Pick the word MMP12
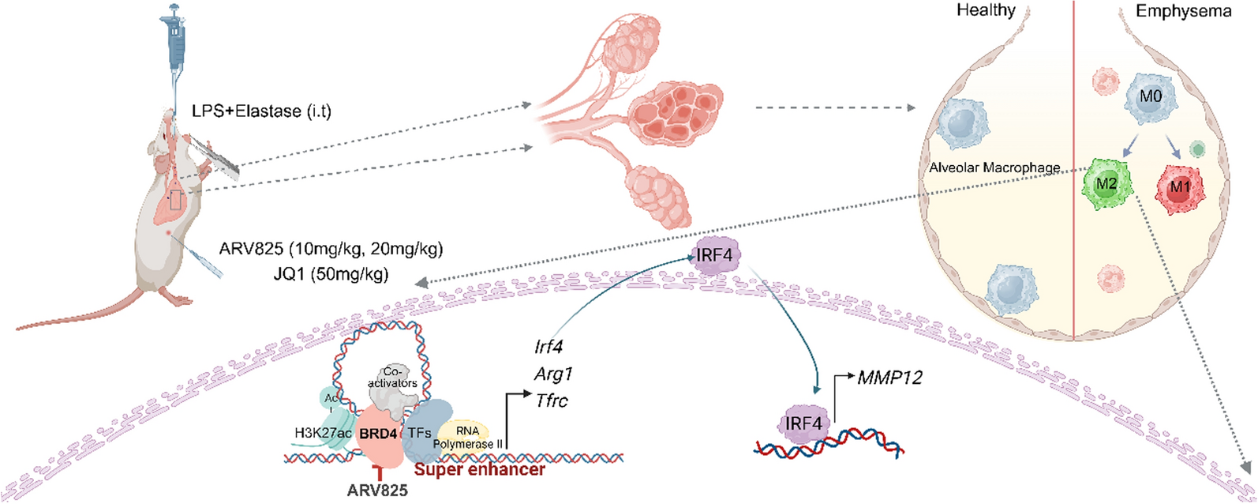click(889, 378)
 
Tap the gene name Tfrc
click(551, 401)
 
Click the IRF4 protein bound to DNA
click(803, 424)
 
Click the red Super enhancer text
click(480, 470)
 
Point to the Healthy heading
click(986, 10)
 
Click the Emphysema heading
click(1183, 11)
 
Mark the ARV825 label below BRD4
click(378, 491)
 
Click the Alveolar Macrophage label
click(994, 167)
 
